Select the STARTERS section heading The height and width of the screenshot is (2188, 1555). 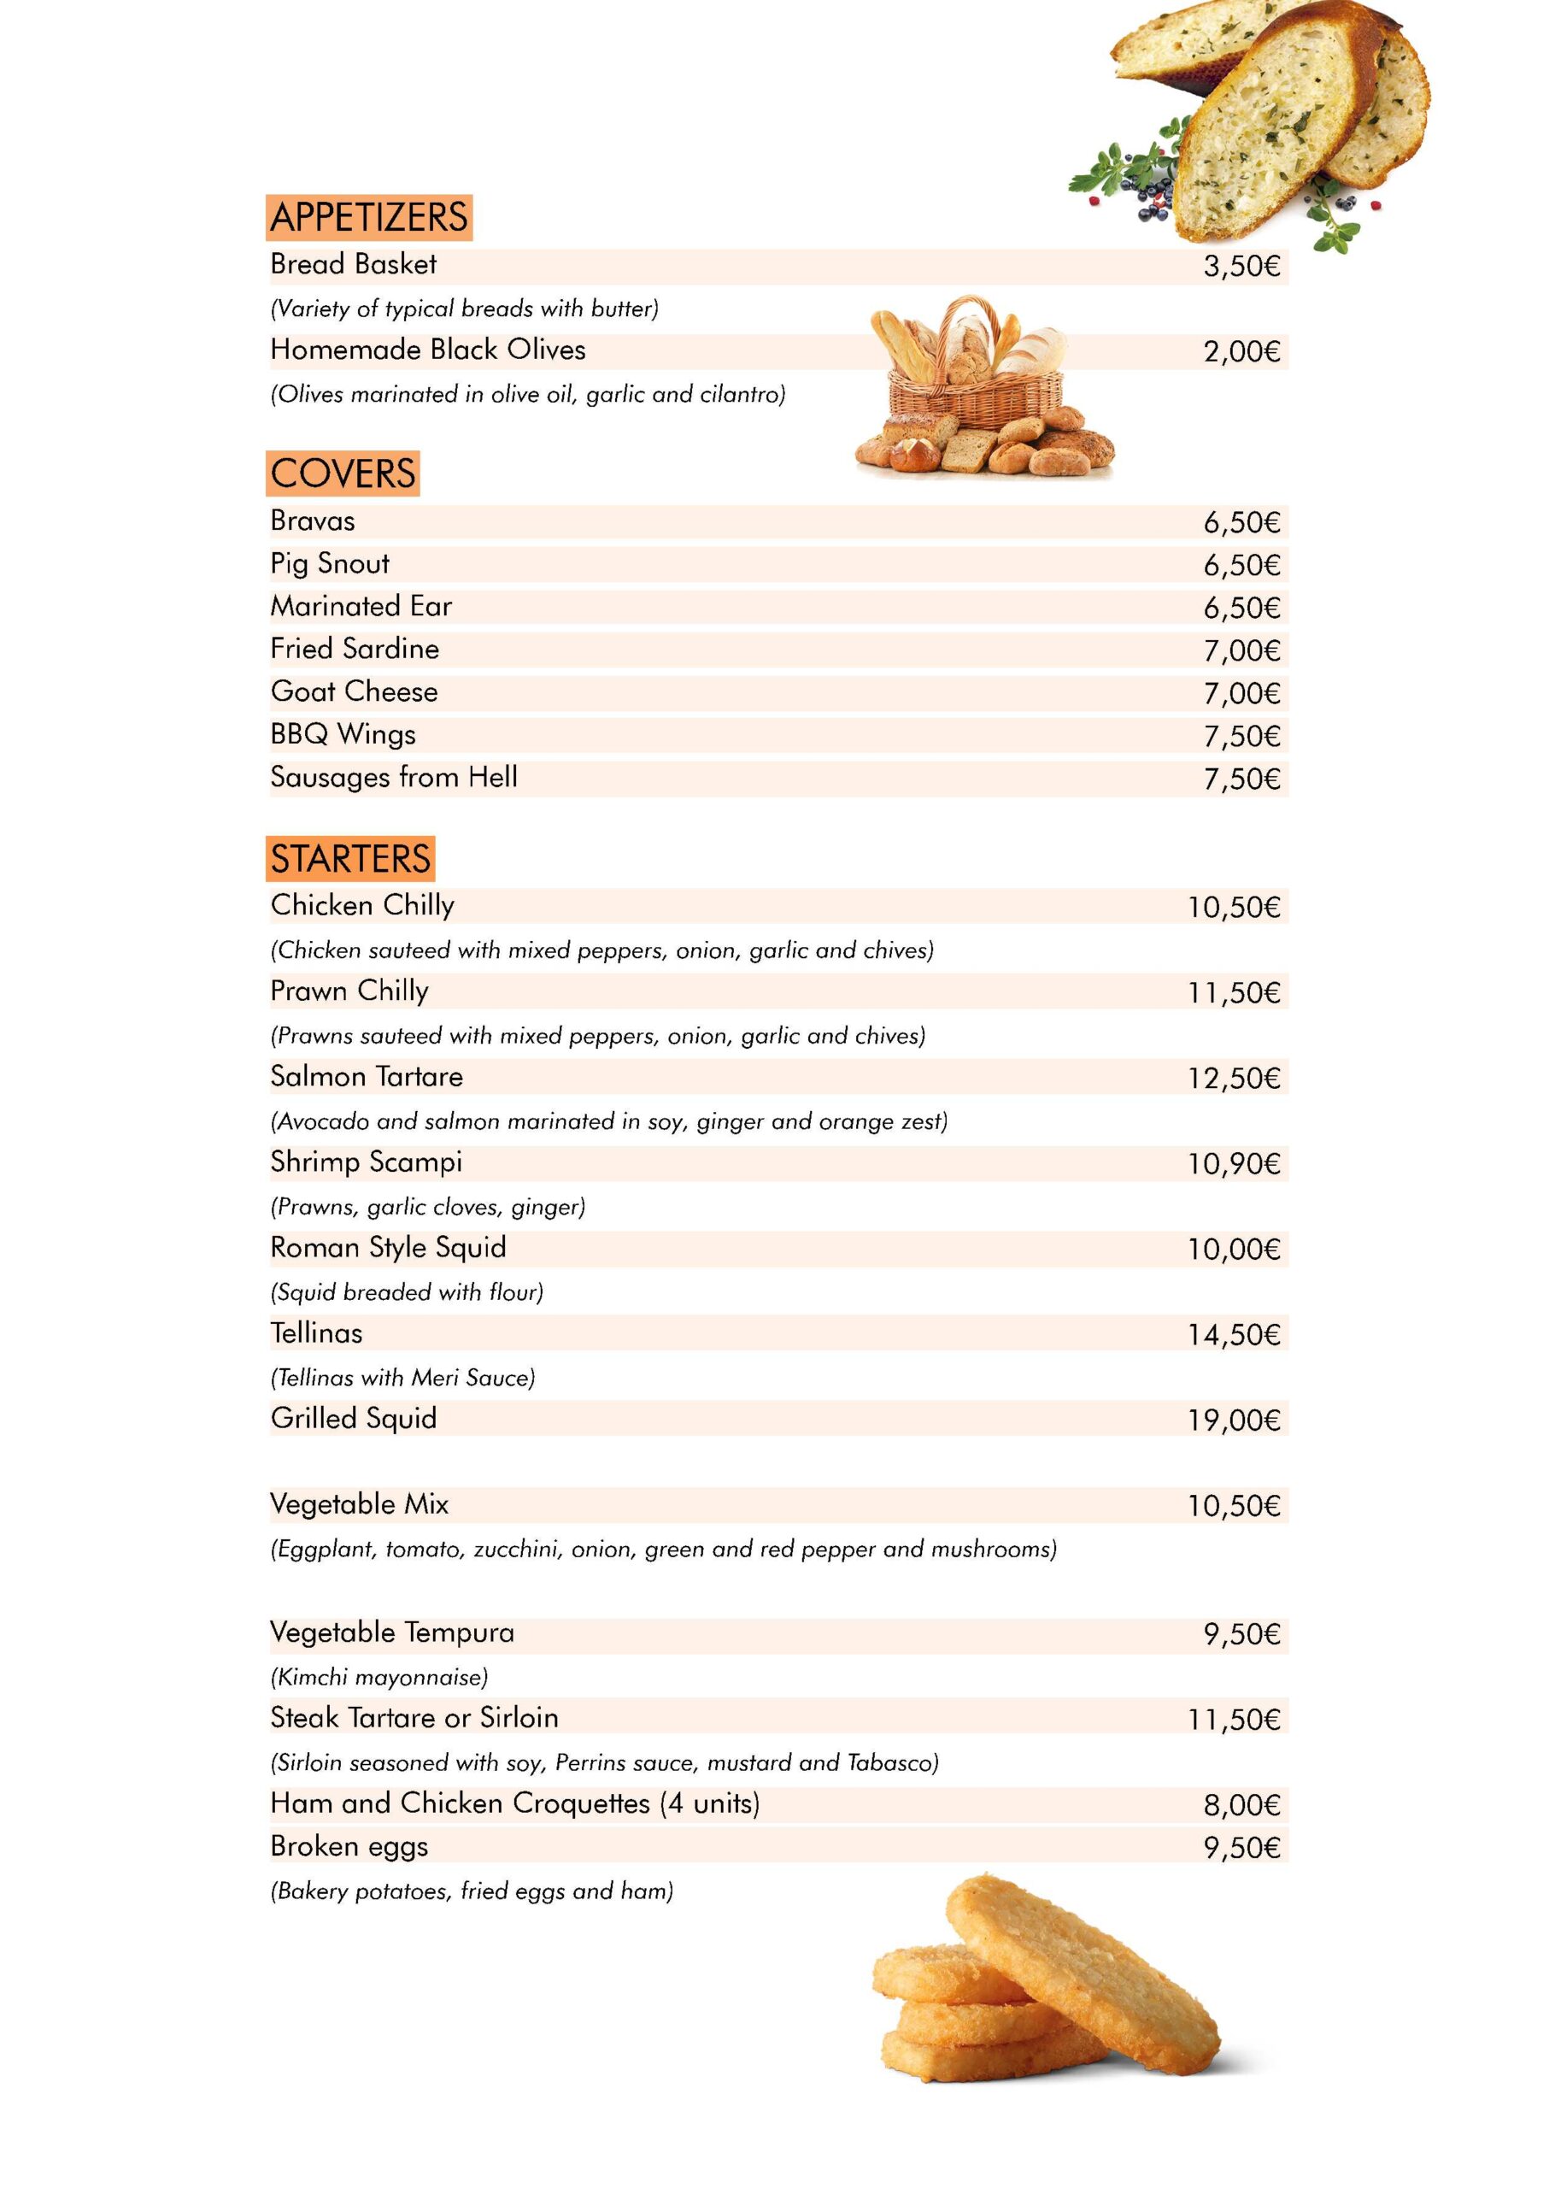pyautogui.click(x=349, y=859)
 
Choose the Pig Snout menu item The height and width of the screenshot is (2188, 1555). pyautogui.click(x=330, y=564)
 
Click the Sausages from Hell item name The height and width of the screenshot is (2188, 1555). pyautogui.click(x=394, y=778)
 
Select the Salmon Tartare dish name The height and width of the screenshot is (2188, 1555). pyautogui.click(x=366, y=1077)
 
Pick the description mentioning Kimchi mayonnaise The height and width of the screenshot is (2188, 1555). pyautogui.click(x=379, y=1678)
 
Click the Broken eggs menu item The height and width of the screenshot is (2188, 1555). pyautogui.click(x=349, y=1847)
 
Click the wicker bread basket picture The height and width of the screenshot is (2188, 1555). pyautogui.click(x=984, y=392)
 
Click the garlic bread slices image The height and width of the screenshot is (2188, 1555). pyautogui.click(x=1264, y=115)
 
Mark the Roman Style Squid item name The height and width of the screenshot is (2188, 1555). pyautogui.click(x=388, y=1249)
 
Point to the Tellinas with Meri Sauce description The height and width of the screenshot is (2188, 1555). pyautogui.click(x=402, y=1379)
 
